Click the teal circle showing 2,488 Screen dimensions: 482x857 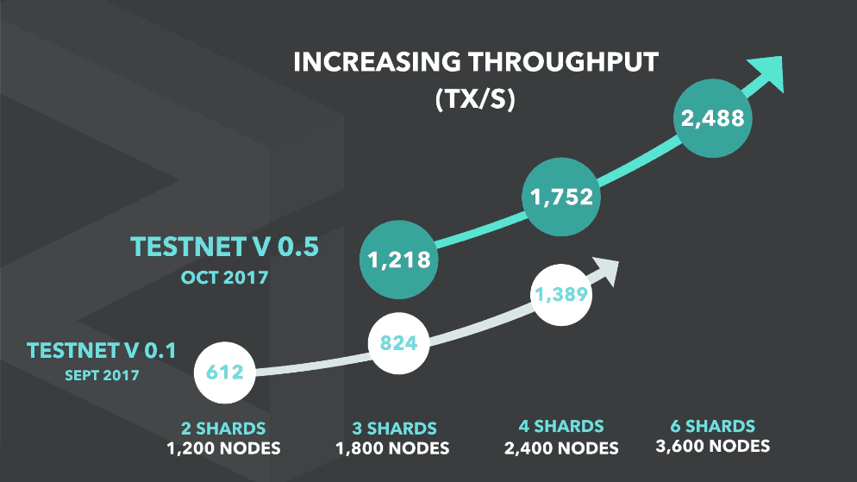pos(712,118)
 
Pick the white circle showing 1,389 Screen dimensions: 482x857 pos(562,294)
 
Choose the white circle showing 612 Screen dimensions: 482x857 pos(224,373)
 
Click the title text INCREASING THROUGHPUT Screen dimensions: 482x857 pos(476,63)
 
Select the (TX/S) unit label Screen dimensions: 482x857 pos(476,101)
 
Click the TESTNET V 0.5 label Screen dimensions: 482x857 pos(225,247)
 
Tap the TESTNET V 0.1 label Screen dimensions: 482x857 pos(101,351)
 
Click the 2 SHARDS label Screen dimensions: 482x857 pos(223,428)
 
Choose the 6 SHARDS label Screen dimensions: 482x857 pos(712,425)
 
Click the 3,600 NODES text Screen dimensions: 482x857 pos(712,446)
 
